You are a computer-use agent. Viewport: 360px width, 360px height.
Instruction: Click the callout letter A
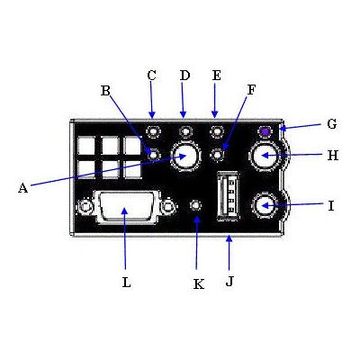click(x=22, y=188)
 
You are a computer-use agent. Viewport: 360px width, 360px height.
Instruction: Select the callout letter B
click(x=105, y=90)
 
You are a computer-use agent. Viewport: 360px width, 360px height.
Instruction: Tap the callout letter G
click(x=332, y=123)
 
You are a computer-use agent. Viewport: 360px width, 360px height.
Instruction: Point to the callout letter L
click(x=127, y=282)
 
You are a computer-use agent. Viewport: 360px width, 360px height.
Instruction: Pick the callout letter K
click(x=199, y=283)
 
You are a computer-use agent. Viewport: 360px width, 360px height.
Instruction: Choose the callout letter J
click(x=229, y=282)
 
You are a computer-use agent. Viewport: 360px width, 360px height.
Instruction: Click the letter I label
click(x=331, y=206)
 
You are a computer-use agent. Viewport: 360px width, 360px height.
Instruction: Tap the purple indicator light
click(x=265, y=131)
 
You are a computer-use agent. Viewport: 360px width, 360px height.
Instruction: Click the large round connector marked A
click(x=185, y=156)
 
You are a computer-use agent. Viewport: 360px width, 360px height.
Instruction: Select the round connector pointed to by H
click(x=265, y=156)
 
